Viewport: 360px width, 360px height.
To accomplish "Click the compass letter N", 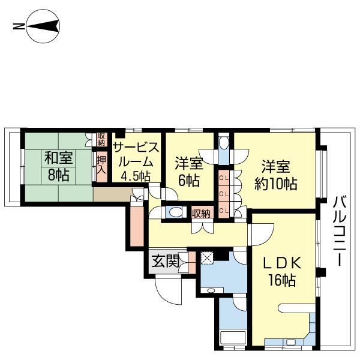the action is click(19, 26).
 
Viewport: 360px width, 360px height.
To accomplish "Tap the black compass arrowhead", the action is click(43, 26).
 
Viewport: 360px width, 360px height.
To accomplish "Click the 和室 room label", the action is click(58, 158).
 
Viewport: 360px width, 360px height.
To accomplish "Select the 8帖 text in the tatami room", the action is click(58, 175).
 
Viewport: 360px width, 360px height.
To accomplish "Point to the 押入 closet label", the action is click(101, 164).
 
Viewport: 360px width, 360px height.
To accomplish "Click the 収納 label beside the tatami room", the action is click(101, 139).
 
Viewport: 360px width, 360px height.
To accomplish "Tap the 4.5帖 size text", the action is click(136, 176).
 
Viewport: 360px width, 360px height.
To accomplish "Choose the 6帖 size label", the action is click(189, 180).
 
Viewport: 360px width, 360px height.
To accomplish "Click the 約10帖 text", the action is click(275, 183).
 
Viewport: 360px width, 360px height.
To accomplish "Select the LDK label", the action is click(282, 263).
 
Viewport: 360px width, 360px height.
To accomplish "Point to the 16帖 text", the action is click(282, 280).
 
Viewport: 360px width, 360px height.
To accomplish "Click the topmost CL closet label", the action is click(224, 178).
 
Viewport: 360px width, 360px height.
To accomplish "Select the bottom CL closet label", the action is click(224, 211).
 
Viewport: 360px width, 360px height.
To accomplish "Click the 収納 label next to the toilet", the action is click(201, 214).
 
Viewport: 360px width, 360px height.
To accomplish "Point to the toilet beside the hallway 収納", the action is click(176, 212).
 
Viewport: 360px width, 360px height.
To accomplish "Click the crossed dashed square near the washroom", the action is click(207, 258).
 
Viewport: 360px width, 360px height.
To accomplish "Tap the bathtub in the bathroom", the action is click(233, 338).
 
